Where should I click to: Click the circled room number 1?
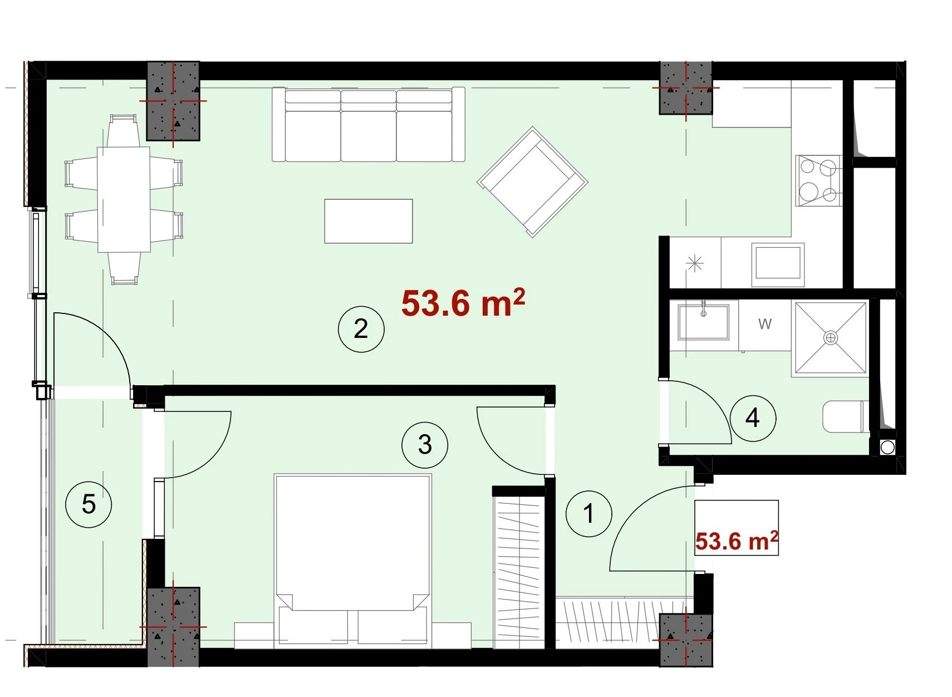[588, 514]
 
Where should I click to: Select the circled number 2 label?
[361, 329]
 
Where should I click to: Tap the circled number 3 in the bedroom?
[425, 445]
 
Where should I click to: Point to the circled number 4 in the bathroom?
[753, 418]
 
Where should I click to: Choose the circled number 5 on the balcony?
[89, 504]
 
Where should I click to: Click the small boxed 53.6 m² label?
[737, 541]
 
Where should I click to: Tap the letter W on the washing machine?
[765, 324]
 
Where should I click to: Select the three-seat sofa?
[369, 125]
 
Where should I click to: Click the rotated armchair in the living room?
[533, 182]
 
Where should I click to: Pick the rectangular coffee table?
[369, 221]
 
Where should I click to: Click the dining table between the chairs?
[124, 199]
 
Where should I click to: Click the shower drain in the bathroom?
[830, 338]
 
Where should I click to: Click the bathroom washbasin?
[703, 322]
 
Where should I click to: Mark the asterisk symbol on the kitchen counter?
[695, 263]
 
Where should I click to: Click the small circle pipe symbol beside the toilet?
[887, 448]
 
